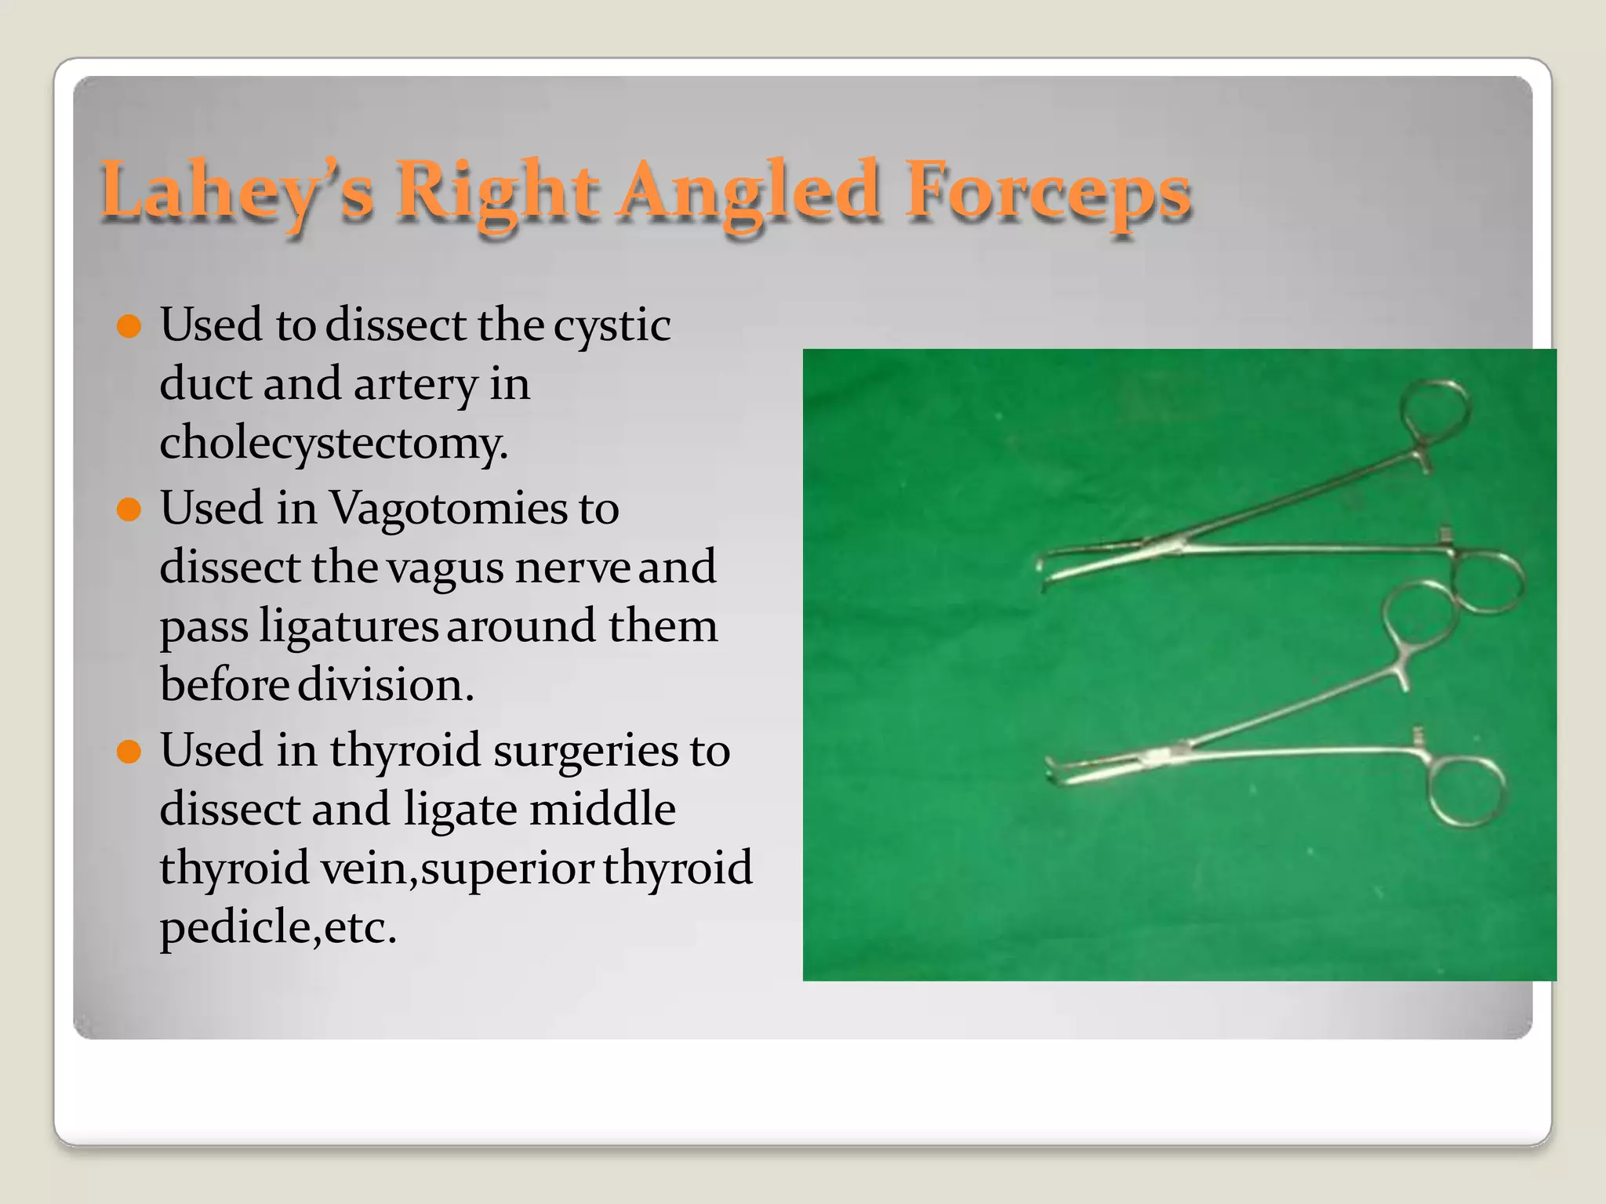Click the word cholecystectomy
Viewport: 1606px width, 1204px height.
point(334,443)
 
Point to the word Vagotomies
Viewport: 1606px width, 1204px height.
point(448,508)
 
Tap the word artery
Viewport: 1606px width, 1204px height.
point(416,384)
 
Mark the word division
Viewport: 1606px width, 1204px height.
point(386,684)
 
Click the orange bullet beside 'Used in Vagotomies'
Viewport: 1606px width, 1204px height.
point(128,510)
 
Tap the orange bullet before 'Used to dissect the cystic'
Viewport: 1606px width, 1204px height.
point(128,325)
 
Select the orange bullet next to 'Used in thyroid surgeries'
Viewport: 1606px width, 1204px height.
point(128,752)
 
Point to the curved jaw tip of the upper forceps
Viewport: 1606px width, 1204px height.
point(1044,576)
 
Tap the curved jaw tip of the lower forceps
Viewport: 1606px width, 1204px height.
point(1053,771)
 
